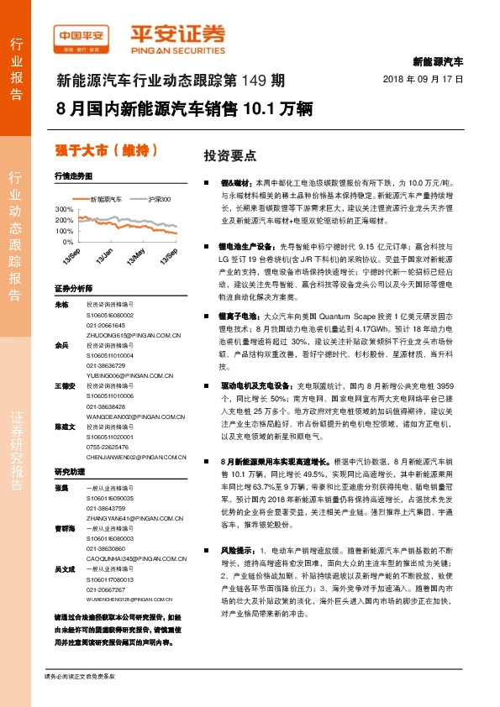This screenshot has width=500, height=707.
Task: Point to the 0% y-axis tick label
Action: click(67, 241)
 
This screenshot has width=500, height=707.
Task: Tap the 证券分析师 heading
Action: click(72, 287)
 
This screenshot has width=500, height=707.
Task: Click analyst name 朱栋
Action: click(61, 305)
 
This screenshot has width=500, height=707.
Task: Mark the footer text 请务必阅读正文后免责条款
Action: click(79, 676)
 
